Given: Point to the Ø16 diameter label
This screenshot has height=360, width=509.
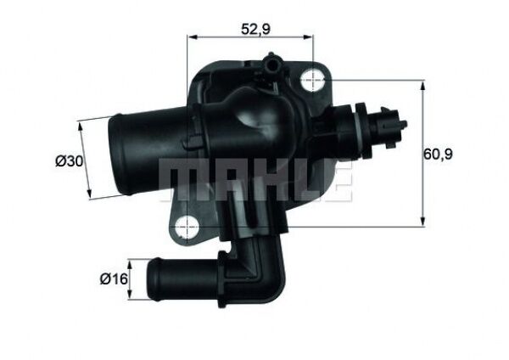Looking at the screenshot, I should coord(110,278).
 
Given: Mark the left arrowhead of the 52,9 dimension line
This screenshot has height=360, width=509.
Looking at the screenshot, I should coord(190,38).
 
